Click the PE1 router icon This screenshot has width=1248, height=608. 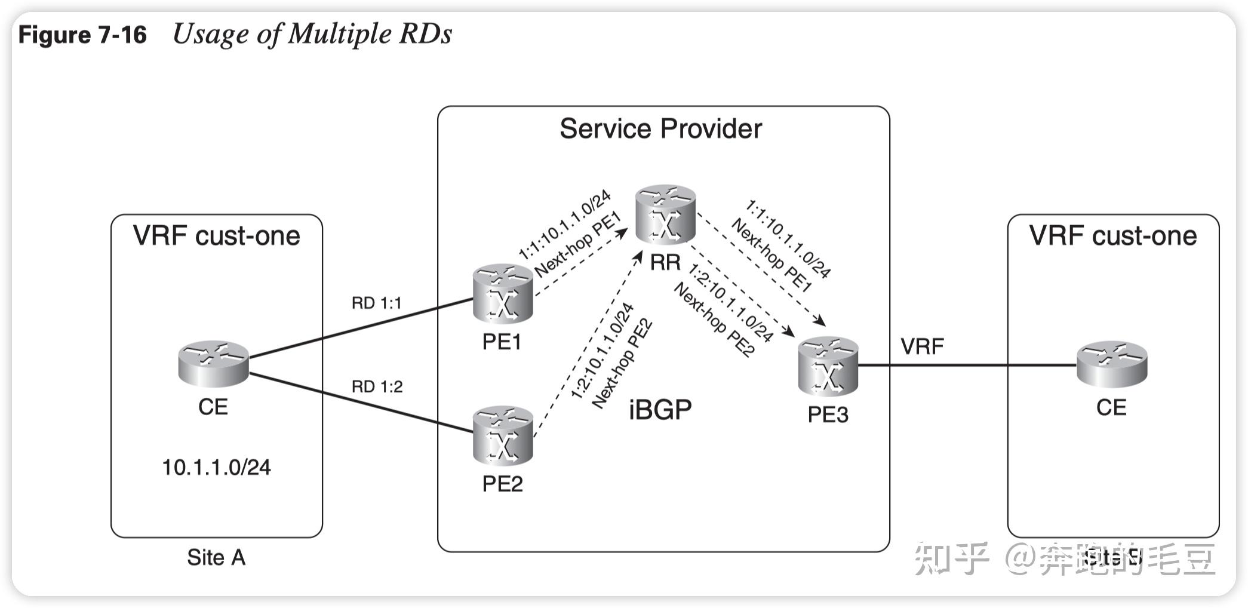[x=502, y=294]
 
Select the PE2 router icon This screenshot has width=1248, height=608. [x=502, y=435]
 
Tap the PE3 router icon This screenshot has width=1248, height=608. [x=828, y=366]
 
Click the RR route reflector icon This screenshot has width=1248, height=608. [x=665, y=214]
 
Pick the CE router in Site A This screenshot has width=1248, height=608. [x=213, y=363]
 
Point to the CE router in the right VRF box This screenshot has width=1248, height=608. [x=1111, y=363]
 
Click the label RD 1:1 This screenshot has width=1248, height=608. [x=376, y=303]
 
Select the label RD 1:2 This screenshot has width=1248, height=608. [x=377, y=387]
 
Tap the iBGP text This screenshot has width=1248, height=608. [x=660, y=410]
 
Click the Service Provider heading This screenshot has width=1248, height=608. [x=660, y=129]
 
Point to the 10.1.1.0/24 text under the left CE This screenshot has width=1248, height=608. [x=216, y=467]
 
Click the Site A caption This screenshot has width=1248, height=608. [x=216, y=557]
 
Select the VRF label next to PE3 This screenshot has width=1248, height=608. [x=922, y=346]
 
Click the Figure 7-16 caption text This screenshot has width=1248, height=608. [x=82, y=35]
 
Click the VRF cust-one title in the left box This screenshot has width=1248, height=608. [x=216, y=236]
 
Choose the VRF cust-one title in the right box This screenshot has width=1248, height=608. [x=1112, y=236]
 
